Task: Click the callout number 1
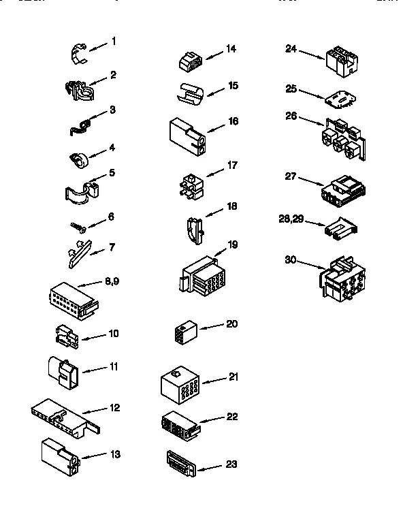[x=114, y=41]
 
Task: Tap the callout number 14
[x=231, y=48]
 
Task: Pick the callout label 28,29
[x=292, y=219]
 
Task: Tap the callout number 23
[x=231, y=465]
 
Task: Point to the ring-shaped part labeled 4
[x=80, y=160]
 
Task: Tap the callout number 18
[x=231, y=205]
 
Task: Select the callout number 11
[x=114, y=366]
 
